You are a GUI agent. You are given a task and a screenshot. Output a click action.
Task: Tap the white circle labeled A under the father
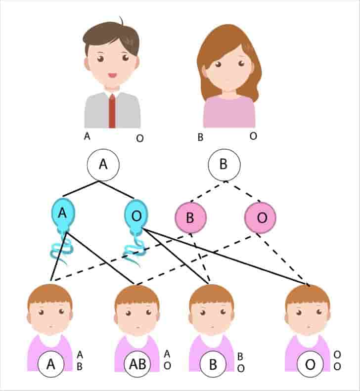point(103,165)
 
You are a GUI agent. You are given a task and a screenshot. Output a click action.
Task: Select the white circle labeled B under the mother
point(224,165)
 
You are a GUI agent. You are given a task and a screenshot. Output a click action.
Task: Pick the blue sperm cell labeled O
point(135,214)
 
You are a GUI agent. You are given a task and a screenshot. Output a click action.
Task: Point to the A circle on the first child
point(51,365)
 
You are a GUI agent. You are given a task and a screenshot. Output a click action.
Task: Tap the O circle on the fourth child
point(310,365)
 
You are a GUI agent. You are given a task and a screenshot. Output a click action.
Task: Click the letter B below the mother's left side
point(200,137)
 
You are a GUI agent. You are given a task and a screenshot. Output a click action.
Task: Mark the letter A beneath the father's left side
point(87,136)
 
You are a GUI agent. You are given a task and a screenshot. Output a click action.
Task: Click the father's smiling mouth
point(112,76)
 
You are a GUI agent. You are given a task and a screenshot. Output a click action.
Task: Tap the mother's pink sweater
point(229,113)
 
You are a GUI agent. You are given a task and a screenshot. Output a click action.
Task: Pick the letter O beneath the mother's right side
point(253,135)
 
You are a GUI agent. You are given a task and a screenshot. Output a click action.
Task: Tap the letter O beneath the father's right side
point(140,138)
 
